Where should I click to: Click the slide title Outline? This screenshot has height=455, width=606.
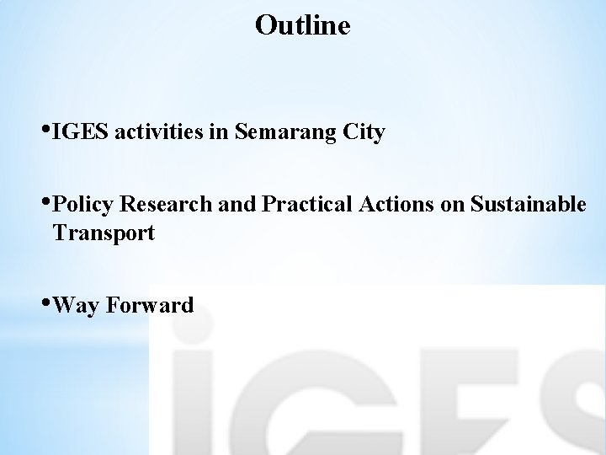[302, 25]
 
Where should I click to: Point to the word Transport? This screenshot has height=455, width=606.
[104, 233]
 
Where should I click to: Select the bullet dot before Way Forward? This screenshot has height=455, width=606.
[45, 302]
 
